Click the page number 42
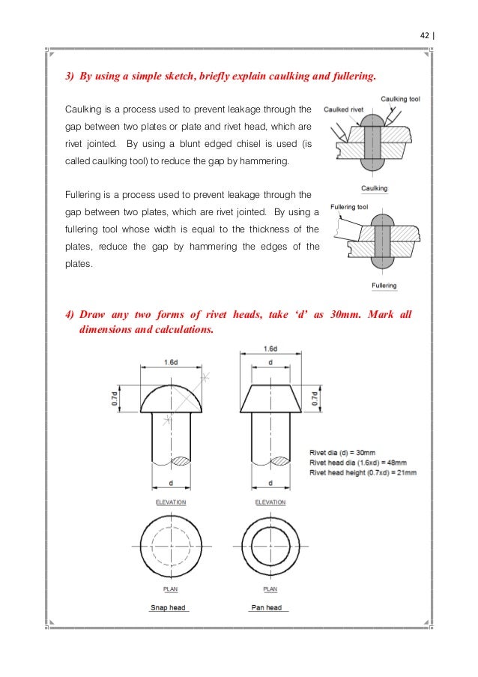pos(424,34)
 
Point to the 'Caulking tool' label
pos(400,99)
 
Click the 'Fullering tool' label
pos(348,206)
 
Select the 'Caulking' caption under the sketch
pos(374,188)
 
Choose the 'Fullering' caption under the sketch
pos(384,286)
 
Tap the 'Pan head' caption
pos(266,607)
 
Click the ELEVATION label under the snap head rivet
pos(171,502)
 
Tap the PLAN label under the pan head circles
pos(270,589)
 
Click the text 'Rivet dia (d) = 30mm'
pos(342,452)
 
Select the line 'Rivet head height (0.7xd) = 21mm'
pos(363,472)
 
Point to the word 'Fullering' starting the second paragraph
pos(84,195)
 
